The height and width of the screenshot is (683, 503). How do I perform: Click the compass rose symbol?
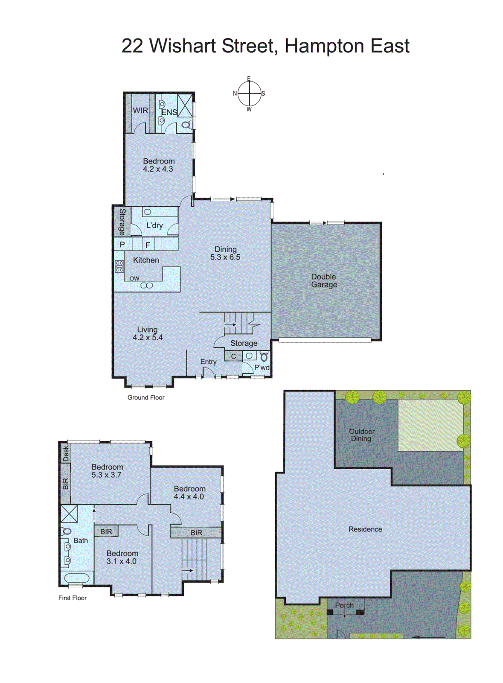click(x=249, y=93)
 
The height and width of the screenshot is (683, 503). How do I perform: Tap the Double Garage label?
click(x=324, y=281)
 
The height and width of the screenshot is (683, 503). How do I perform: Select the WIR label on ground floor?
click(x=140, y=111)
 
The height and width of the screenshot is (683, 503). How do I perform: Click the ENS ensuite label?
click(x=169, y=112)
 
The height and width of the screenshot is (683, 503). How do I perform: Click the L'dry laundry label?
click(x=154, y=225)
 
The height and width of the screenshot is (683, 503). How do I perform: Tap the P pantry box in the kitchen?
click(x=122, y=245)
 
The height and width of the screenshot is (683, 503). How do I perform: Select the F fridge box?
click(x=148, y=245)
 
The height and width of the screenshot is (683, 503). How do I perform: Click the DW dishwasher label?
click(x=134, y=278)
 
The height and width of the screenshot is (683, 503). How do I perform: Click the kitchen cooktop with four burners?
click(x=119, y=266)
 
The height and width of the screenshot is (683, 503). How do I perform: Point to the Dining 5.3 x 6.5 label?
click(x=225, y=253)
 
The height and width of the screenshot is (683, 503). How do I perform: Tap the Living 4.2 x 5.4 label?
click(x=147, y=333)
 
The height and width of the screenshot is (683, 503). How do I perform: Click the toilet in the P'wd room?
click(x=264, y=356)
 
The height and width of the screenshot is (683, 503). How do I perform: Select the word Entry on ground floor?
click(x=208, y=362)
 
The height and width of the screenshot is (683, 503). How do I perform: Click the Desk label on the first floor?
click(x=66, y=453)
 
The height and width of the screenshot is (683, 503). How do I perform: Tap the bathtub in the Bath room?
click(x=77, y=578)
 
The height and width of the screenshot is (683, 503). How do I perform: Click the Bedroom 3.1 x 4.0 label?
click(x=122, y=557)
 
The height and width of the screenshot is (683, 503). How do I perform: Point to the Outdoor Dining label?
click(x=361, y=435)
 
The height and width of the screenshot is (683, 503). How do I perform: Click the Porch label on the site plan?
click(x=344, y=605)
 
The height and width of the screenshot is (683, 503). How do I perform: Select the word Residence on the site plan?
click(x=365, y=529)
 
